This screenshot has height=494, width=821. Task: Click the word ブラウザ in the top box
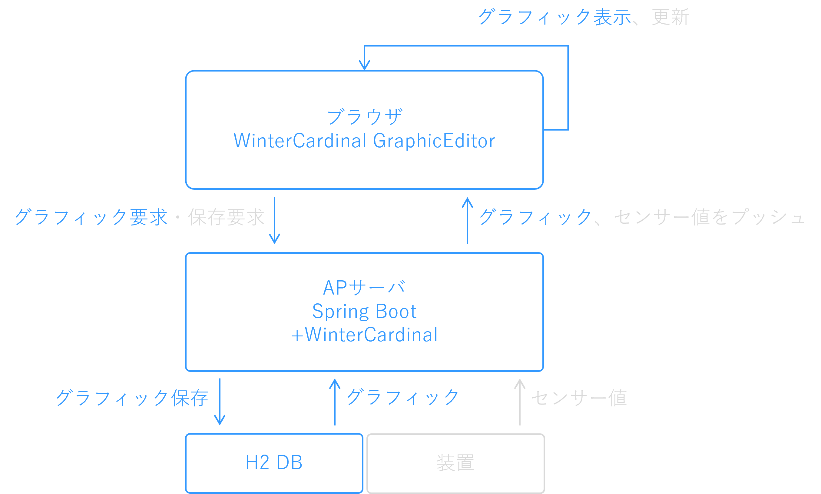tap(364, 117)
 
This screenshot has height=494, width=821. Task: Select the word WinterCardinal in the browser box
tap(300, 141)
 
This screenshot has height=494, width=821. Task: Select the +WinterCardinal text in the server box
tap(364, 335)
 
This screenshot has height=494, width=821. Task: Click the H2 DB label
tap(274, 463)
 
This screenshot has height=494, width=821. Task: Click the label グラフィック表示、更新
tap(584, 17)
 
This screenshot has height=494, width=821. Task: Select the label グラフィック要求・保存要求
tap(139, 217)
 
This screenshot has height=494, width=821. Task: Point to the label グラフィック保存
tap(132, 398)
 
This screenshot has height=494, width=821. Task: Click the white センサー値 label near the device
tap(579, 398)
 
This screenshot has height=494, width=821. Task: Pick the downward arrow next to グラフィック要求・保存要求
tap(274, 220)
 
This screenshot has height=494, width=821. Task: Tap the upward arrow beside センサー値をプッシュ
tap(467, 220)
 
